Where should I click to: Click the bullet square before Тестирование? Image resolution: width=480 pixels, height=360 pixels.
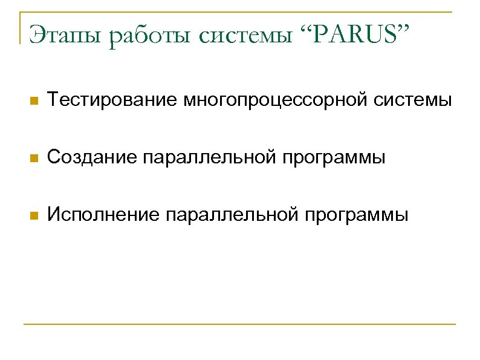[34, 101]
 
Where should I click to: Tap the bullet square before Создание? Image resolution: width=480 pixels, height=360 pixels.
[34, 159]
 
